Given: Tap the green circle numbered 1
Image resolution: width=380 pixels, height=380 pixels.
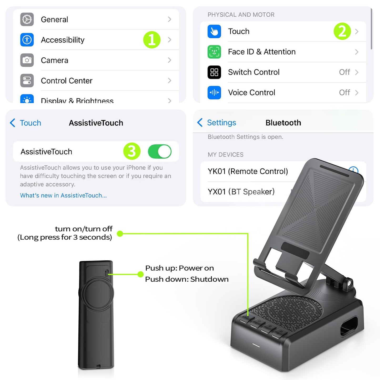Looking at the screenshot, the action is [x=152, y=40].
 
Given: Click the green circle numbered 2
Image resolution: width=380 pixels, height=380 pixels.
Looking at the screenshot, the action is [x=342, y=31].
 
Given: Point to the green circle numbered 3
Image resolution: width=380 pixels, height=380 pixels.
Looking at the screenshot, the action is [x=132, y=151].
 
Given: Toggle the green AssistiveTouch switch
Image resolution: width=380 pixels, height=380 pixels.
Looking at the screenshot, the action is [x=160, y=151].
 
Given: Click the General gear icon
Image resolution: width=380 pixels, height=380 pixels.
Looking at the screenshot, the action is [x=27, y=19].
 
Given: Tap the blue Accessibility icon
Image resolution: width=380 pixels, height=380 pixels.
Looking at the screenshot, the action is [x=27, y=40].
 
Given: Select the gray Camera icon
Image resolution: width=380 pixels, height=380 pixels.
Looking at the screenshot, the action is [x=27, y=60].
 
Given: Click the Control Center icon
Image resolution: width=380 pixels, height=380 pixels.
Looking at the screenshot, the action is [x=27, y=80].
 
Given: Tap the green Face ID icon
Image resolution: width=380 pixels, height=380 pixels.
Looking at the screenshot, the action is [x=214, y=52].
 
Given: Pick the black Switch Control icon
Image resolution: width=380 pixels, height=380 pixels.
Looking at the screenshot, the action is [x=214, y=72].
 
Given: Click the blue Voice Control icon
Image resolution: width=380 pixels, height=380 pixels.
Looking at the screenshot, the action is [x=214, y=93].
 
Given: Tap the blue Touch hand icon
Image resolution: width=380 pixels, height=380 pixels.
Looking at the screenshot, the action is [x=214, y=31].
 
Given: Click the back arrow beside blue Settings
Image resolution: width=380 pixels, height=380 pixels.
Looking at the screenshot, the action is [x=200, y=123].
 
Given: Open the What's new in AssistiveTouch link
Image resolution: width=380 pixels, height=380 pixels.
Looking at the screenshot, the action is [x=63, y=195].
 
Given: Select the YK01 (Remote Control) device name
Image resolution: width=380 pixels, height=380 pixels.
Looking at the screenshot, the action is [x=248, y=171].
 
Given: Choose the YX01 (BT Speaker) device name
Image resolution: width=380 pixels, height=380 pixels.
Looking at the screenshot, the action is [x=241, y=191].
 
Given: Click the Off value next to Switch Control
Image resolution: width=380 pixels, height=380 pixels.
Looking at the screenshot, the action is [x=344, y=72].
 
